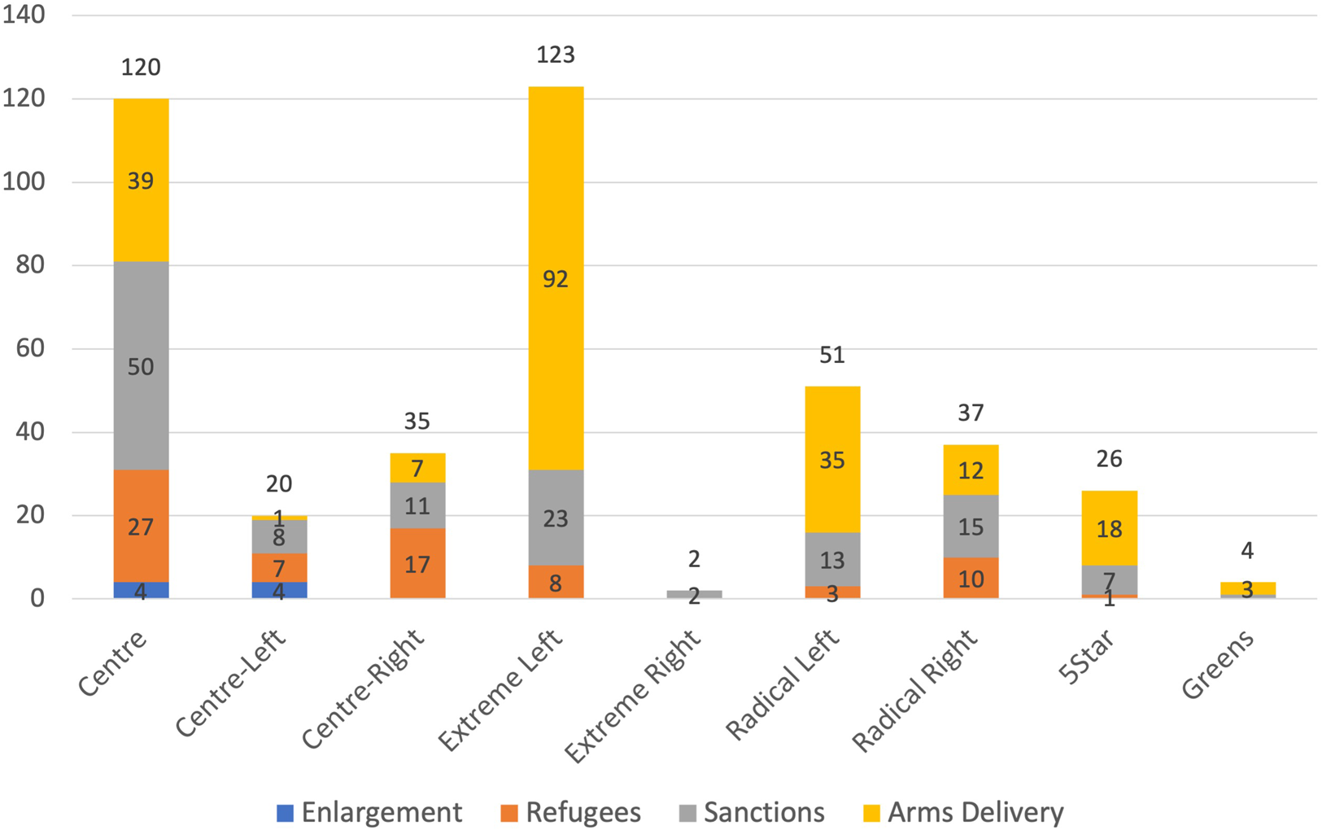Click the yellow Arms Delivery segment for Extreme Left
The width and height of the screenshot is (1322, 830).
[x=556, y=244]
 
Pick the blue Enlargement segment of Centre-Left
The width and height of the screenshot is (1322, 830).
[x=279, y=590]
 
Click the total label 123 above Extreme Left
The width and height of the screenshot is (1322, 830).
[x=556, y=55]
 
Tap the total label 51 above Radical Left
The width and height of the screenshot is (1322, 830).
[x=832, y=355]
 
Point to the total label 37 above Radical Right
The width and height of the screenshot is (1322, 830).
[x=971, y=413]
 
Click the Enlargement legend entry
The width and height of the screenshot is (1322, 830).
[x=370, y=812]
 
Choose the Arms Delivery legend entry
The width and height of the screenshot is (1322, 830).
[x=964, y=812]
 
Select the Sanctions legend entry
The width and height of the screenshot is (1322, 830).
[x=753, y=812]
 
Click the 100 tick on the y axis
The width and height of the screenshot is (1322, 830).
[x=24, y=181]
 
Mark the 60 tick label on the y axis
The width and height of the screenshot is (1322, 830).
[x=30, y=348]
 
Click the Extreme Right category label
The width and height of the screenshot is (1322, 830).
[x=633, y=697]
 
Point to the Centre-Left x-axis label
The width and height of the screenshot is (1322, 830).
[x=231, y=683]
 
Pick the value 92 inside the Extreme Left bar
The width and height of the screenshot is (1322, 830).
[x=556, y=279]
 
